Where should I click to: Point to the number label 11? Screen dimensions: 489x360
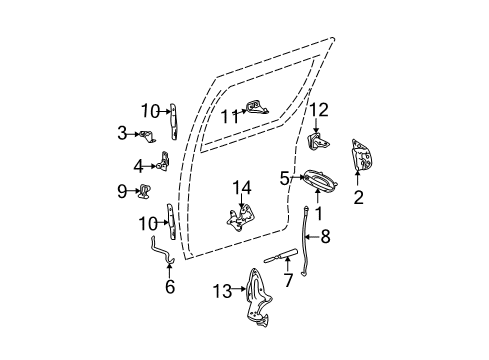pyautogui.click(x=228, y=116)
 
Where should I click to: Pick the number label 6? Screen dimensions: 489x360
pyautogui.click(x=169, y=287)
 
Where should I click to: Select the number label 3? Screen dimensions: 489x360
pyautogui.click(x=123, y=132)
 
